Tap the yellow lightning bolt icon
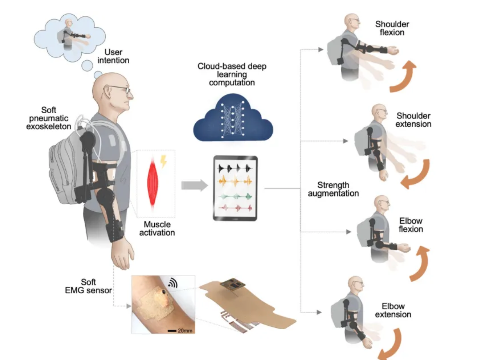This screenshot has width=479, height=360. point(163,162)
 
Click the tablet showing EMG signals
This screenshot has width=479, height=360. point(235,188)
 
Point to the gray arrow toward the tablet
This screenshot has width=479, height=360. point(194,185)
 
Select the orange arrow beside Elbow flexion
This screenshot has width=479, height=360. point(420,263)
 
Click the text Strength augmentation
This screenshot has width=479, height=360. point(333,189)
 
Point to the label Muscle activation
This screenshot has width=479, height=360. point(157,229)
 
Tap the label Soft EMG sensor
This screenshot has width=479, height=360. point(88,286)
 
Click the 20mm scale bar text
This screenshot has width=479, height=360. point(185,331)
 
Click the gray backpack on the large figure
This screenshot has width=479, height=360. point(63,169)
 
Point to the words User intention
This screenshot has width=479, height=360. point(113,56)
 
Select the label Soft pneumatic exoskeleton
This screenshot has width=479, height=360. point(49,118)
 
